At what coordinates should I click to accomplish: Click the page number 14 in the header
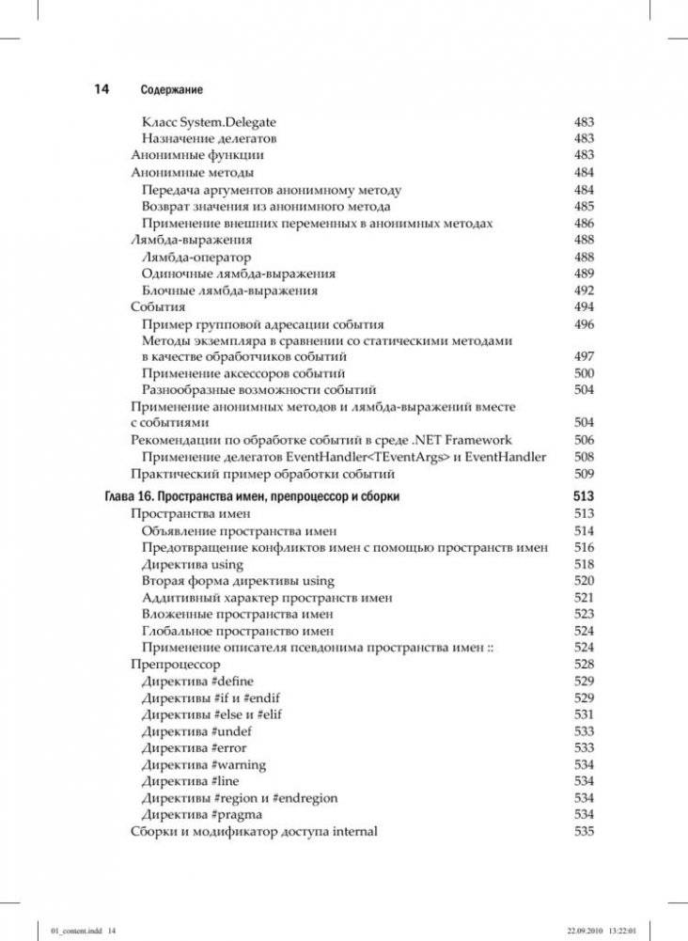click(102, 89)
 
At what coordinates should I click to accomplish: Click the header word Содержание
click(172, 90)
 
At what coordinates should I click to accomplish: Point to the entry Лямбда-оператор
click(196, 257)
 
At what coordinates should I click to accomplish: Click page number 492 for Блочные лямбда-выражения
click(584, 290)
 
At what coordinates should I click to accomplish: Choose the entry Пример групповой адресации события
click(249, 324)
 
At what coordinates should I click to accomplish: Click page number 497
click(584, 357)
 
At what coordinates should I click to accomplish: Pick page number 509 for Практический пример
click(584, 474)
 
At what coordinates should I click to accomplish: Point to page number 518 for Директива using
click(584, 564)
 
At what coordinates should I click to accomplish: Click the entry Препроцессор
click(175, 664)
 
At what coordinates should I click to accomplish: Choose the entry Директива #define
click(197, 681)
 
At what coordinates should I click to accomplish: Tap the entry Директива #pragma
click(202, 814)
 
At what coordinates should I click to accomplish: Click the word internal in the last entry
click(352, 831)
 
